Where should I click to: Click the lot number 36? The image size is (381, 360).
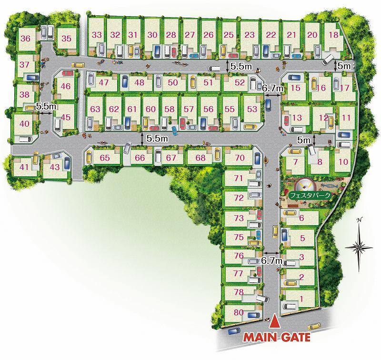click(x=26, y=39)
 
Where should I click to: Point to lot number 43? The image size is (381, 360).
click(x=55, y=167)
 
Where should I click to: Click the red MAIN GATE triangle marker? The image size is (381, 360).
click(x=274, y=323)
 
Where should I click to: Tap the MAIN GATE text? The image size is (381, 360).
click(x=277, y=338)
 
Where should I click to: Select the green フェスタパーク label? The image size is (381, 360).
click(x=310, y=195)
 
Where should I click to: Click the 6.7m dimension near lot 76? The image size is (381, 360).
click(x=272, y=260)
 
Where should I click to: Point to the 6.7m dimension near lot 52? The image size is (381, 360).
click(x=273, y=88)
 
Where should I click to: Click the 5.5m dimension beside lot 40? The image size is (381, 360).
click(x=46, y=107)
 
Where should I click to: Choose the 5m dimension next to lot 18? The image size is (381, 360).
click(x=344, y=65)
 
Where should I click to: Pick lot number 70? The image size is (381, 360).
click(x=240, y=158)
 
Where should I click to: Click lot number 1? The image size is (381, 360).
click(x=301, y=300)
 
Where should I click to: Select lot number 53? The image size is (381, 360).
click(x=252, y=109)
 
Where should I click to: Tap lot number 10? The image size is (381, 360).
click(x=343, y=161)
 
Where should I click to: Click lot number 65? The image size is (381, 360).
click(x=105, y=158)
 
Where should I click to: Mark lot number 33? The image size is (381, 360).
click(x=97, y=35)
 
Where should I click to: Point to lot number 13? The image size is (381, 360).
click(x=297, y=118)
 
